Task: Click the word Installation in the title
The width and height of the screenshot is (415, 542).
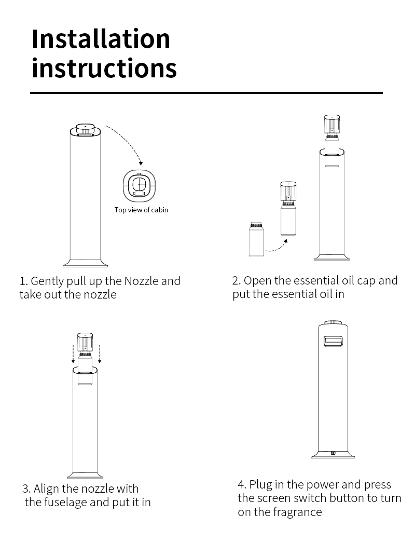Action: coord(101,38)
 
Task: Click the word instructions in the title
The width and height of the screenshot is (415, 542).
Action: coord(104,67)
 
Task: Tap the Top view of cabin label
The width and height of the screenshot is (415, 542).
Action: coord(141,210)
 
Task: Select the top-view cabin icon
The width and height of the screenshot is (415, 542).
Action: coord(139,186)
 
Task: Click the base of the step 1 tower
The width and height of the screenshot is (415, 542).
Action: coord(85,263)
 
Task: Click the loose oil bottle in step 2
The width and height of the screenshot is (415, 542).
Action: coord(256,239)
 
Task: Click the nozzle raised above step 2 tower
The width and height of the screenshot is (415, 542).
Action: coord(332,125)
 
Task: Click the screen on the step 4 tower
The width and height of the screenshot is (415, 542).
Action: coord(333,341)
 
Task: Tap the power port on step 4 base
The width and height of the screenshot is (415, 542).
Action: coord(333,453)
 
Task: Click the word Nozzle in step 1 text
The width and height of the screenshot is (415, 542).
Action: coord(142,281)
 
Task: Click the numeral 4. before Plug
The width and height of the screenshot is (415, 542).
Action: coord(242,484)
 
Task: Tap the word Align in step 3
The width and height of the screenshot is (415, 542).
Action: coord(46,489)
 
